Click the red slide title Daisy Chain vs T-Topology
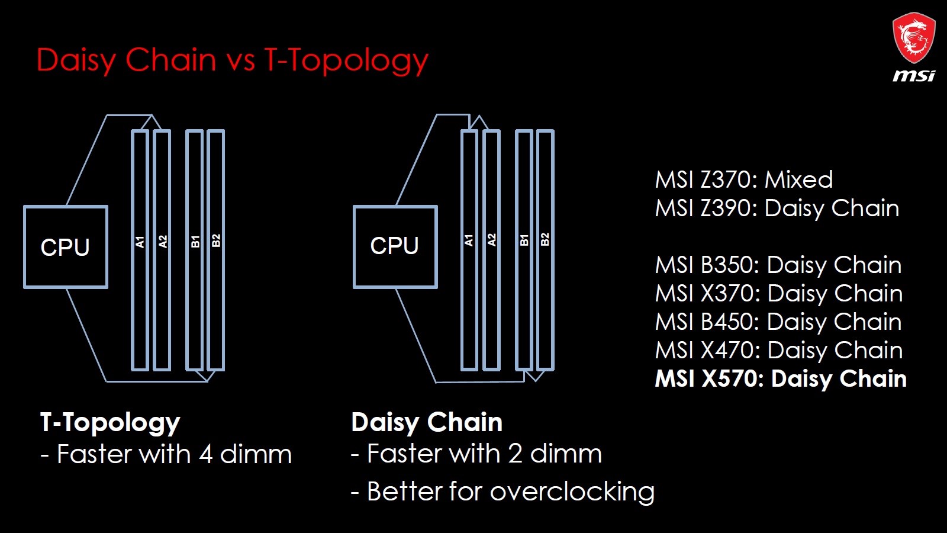click(233, 60)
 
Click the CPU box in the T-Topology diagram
click(66, 247)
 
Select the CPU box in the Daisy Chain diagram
click(395, 246)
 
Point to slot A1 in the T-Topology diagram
click(140, 251)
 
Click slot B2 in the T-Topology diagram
click(216, 251)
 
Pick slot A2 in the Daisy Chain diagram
click(491, 251)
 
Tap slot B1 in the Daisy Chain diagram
click(524, 251)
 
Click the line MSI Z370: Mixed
click(744, 179)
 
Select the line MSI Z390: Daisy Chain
click(777, 208)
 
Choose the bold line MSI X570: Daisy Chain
click(781, 378)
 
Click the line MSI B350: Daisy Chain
click(778, 265)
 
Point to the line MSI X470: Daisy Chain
click(779, 350)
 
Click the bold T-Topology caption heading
click(110, 423)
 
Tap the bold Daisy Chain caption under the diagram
click(427, 422)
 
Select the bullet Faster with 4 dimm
click(166, 454)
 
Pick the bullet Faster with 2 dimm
click(476, 454)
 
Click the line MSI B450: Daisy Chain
click(778, 322)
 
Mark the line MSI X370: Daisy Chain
click(779, 294)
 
